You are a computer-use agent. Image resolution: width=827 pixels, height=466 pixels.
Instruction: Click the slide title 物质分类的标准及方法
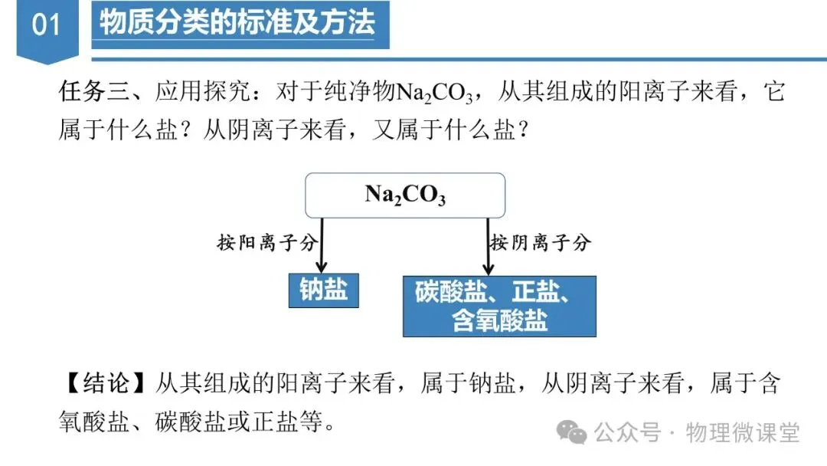[x=238, y=23]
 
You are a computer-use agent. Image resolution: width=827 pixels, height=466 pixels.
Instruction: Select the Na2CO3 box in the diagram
[x=405, y=195]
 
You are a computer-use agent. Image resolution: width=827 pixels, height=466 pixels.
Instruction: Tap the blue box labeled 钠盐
[x=323, y=290]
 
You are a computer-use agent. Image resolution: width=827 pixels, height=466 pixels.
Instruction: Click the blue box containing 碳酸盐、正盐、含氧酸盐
[x=499, y=306]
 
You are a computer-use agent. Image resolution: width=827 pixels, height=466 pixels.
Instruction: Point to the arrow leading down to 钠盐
[x=322, y=245]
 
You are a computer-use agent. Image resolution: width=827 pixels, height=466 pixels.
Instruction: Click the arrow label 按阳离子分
[x=266, y=244]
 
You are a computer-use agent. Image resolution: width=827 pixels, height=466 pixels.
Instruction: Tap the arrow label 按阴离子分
[x=541, y=244]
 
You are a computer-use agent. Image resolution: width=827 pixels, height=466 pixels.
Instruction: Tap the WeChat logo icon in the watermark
[x=573, y=432]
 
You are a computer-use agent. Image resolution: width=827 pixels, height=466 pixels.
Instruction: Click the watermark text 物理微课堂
[x=743, y=432]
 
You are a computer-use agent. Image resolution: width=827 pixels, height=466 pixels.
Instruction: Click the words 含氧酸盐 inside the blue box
[x=499, y=320]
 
